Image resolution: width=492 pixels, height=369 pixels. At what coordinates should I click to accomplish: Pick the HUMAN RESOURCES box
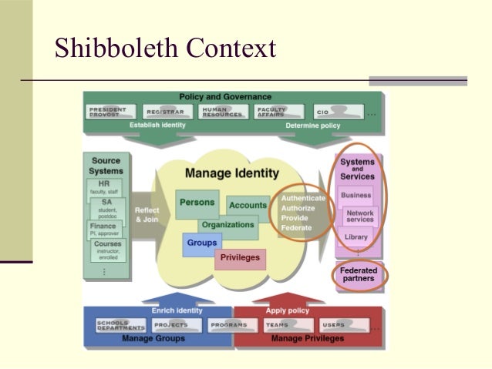221,112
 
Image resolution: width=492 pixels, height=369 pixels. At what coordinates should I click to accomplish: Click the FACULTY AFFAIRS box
276,112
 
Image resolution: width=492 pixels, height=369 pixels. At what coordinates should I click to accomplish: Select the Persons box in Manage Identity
197,203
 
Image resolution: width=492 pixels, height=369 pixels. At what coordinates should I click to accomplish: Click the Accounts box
248,206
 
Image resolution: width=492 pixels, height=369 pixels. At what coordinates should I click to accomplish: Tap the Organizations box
227,225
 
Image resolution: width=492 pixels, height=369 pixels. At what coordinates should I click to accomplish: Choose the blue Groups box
202,243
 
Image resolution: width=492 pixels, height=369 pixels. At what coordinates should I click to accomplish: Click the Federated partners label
359,274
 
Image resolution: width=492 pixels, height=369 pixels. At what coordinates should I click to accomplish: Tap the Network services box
359,216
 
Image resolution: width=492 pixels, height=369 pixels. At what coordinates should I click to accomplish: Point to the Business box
356,195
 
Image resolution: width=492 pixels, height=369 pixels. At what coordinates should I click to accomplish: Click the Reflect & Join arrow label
147,214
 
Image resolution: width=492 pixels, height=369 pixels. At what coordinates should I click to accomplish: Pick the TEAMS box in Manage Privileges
278,325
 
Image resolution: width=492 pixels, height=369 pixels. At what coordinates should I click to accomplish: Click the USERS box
335,325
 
